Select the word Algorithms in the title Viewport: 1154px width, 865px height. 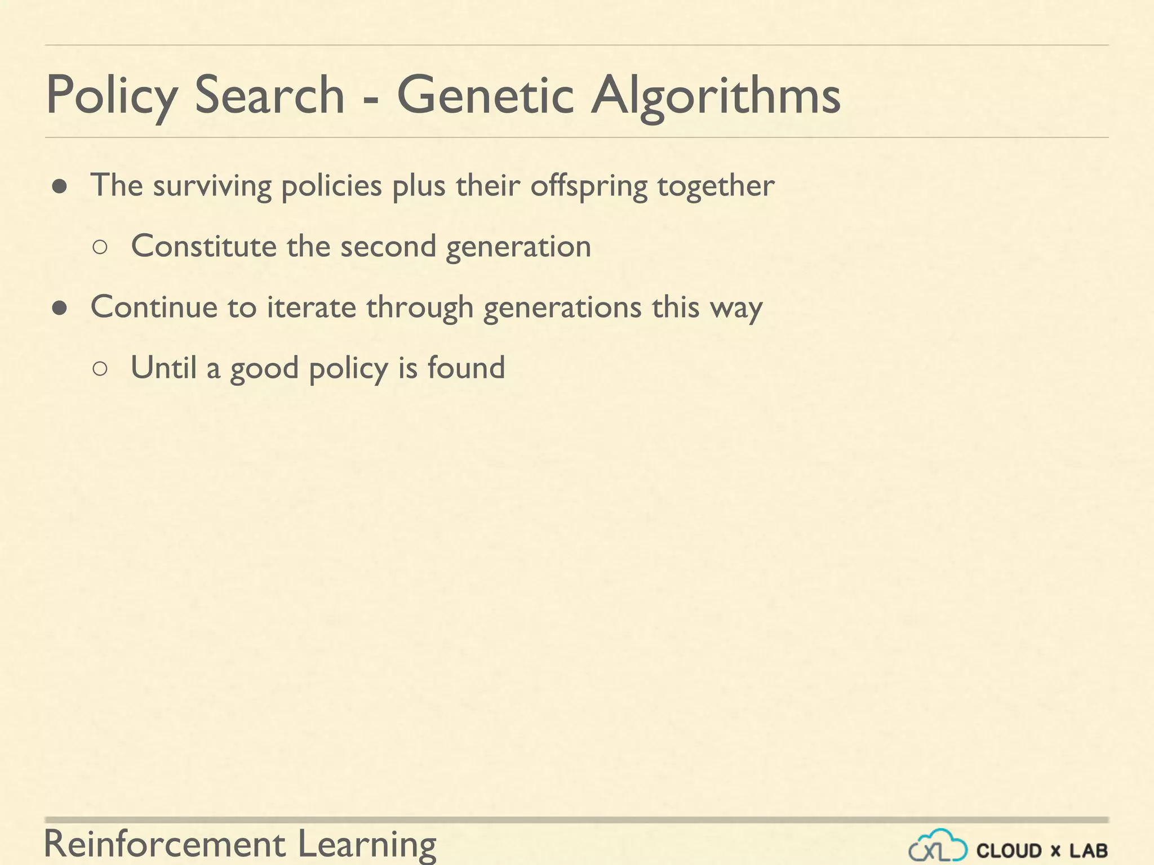[x=716, y=96]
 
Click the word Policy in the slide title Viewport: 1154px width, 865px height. [x=112, y=96]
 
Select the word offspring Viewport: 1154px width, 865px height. [x=588, y=186]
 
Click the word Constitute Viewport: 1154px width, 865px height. [x=204, y=246]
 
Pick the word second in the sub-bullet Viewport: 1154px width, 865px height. [x=388, y=246]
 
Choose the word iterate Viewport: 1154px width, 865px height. [x=311, y=307]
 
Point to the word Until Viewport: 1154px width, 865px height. [x=163, y=368]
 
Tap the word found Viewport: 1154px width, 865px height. [x=466, y=368]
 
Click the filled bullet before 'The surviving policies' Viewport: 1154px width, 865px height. [x=60, y=187]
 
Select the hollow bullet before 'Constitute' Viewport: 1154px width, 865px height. [x=100, y=248]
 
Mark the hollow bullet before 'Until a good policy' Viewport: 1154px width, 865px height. [x=100, y=369]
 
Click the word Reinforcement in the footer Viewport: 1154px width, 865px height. [x=165, y=844]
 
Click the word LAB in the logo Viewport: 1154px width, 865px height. [x=1089, y=850]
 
